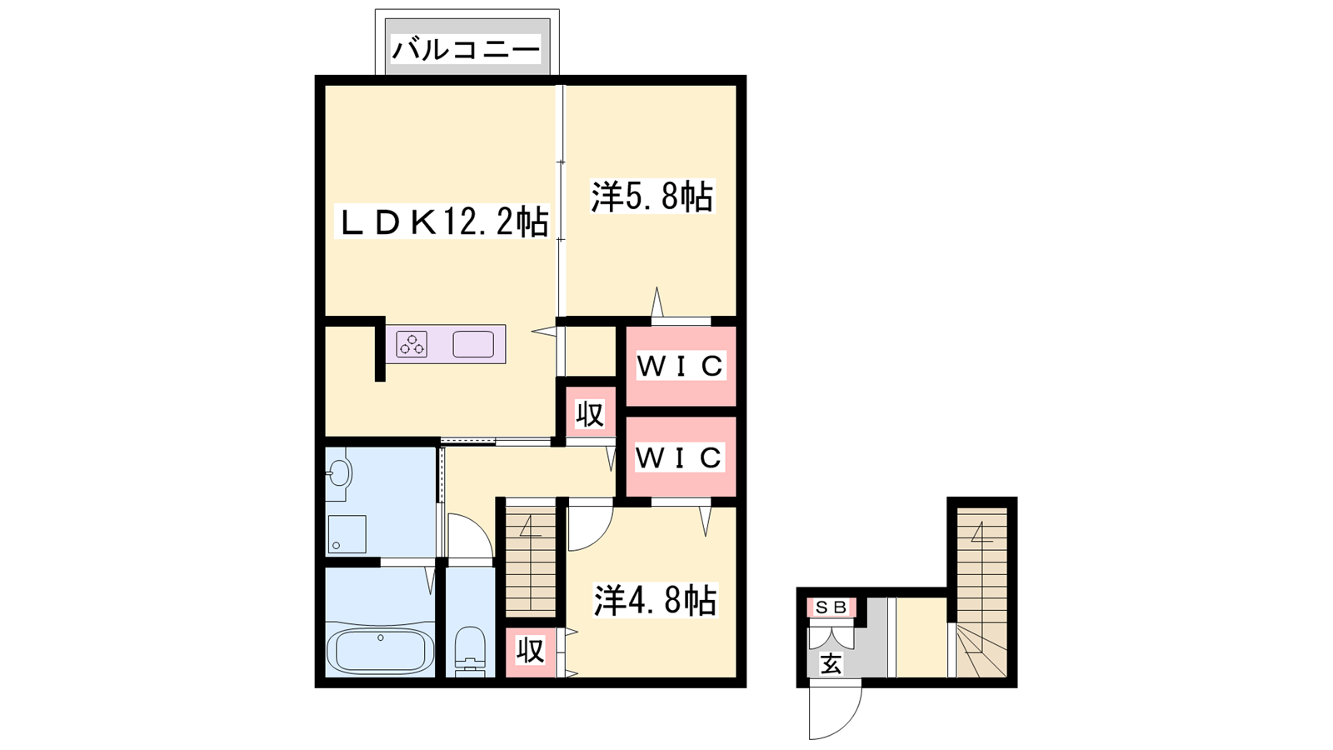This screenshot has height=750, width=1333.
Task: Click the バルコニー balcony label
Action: pos(466,49)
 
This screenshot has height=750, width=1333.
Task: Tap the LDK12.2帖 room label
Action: pos(441,222)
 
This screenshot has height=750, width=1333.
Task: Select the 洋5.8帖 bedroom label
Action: pos(652,196)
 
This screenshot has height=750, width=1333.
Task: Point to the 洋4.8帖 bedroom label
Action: pos(655,600)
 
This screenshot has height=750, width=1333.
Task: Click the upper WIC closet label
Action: pos(681,366)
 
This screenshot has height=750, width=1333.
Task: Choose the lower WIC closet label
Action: pos(679,457)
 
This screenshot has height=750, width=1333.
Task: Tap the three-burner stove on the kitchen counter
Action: pos(412,344)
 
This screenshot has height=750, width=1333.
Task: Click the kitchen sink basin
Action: pos(473,344)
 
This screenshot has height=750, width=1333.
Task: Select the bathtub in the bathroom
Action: pos(381,651)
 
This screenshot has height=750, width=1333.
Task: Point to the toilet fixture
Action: pos(470,652)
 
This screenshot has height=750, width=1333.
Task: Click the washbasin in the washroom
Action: pos(339,474)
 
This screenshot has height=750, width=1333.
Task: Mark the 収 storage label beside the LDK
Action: pos(590,413)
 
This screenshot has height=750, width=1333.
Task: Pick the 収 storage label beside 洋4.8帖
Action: pos(530,651)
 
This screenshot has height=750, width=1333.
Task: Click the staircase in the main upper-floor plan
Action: pos(530,562)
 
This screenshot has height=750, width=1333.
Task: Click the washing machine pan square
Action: pos(346,534)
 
